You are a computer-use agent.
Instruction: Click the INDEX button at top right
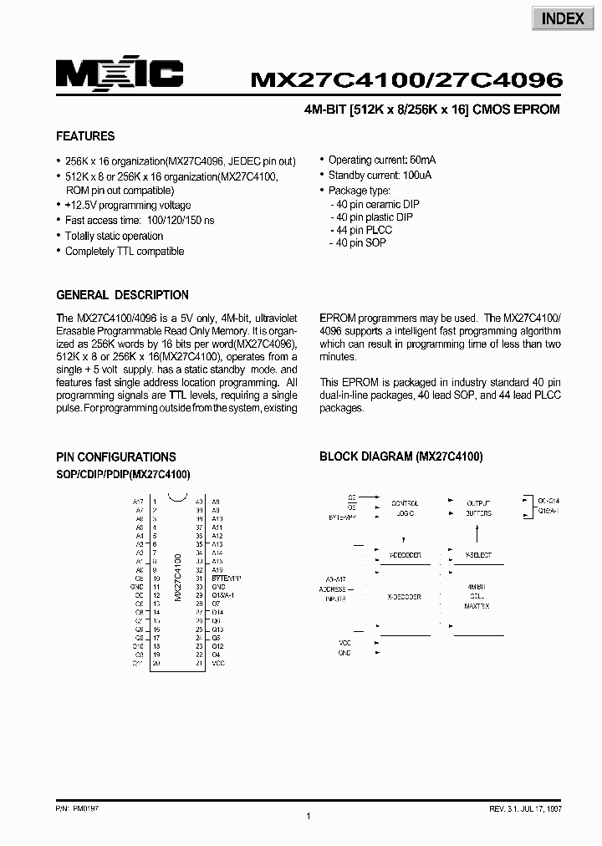[x=562, y=18]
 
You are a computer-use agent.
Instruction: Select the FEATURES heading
[x=85, y=136]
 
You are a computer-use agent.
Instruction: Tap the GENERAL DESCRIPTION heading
[x=122, y=295]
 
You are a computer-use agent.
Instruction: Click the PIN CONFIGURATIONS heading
[x=115, y=457]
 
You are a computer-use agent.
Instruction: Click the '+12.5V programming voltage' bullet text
[x=127, y=205]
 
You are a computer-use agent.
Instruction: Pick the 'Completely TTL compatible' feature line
[x=125, y=251]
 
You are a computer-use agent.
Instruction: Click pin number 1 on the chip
[x=156, y=501]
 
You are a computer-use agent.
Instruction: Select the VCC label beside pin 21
[x=218, y=663]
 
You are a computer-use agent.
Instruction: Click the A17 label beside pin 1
[x=139, y=501]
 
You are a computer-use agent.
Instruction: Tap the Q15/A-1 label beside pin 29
[x=222, y=594]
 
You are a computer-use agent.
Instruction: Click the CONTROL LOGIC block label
[x=406, y=508]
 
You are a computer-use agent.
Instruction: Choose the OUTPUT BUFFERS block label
[x=478, y=508]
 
